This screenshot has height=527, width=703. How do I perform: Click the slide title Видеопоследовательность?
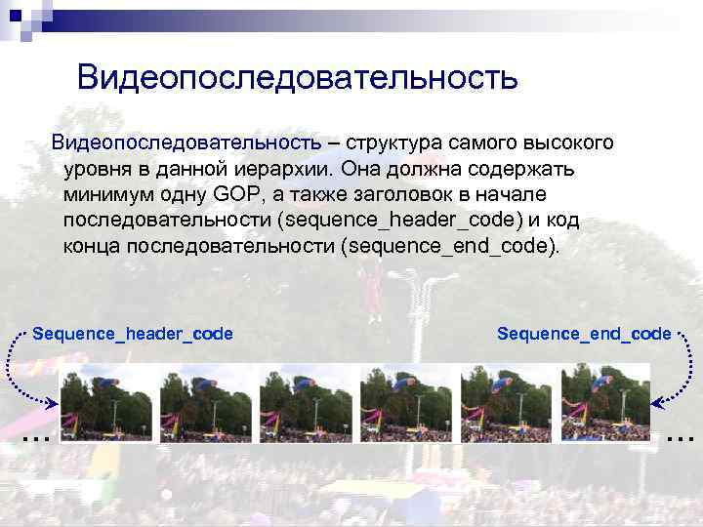point(297,77)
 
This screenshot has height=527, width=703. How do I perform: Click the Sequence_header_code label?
point(133,334)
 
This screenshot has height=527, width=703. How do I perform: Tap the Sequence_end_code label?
point(584,334)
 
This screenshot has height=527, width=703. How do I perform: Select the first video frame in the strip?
point(105,403)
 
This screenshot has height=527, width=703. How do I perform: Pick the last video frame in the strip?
point(605,403)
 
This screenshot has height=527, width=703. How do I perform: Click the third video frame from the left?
point(306,403)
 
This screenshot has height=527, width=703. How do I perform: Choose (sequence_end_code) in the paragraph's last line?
point(451,244)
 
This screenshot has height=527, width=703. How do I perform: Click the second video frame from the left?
point(205,403)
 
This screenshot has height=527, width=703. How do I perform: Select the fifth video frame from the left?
point(506,403)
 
